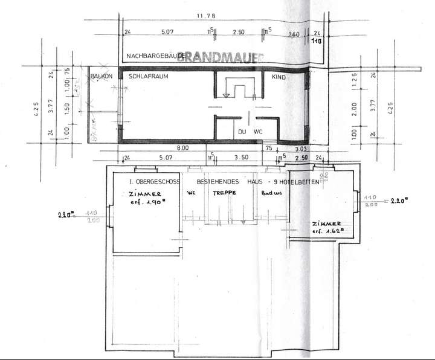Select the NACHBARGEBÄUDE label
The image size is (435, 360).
pyautogui.click(x=155, y=56)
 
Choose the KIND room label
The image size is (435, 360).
pyautogui.click(x=279, y=77)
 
